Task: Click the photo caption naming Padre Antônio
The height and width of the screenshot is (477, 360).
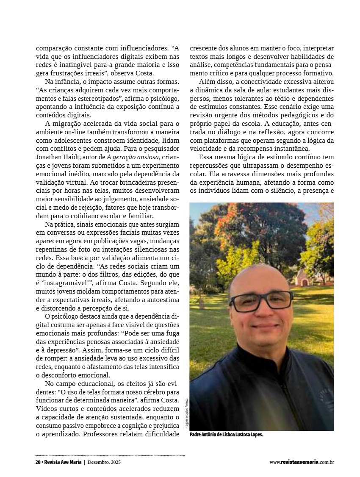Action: click(227, 435)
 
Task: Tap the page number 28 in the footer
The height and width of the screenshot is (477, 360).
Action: click(38, 462)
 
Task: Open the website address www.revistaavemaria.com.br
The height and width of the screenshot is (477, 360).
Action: click(302, 462)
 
